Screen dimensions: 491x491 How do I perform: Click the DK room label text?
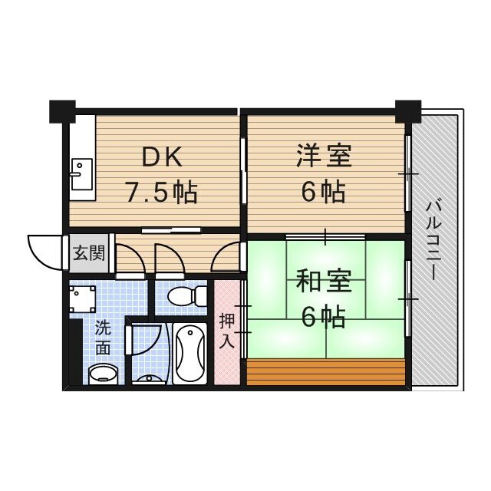(x=162, y=157)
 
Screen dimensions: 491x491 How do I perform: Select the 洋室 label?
(x=323, y=156)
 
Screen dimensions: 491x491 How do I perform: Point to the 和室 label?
(x=323, y=282)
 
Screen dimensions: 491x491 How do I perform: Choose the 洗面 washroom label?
(x=103, y=337)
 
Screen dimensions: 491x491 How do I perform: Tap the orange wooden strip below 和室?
(x=325, y=371)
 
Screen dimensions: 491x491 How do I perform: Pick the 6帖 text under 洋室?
(x=322, y=192)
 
